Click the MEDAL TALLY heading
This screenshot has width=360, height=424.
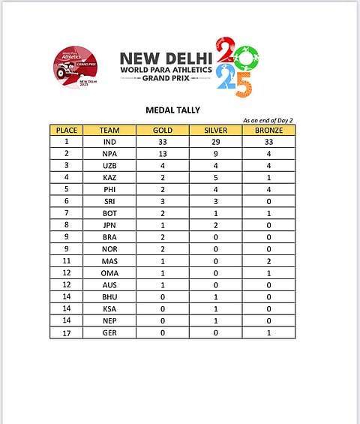(172, 110)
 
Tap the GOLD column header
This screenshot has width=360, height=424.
(162, 130)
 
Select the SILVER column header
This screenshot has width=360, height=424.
(216, 130)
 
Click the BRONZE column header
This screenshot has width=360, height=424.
(268, 130)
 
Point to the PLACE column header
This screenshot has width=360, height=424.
(66, 130)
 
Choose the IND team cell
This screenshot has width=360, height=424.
(109, 141)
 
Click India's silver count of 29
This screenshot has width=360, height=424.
(216, 141)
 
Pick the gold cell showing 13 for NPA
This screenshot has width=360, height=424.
(162, 153)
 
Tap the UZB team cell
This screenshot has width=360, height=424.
(109, 165)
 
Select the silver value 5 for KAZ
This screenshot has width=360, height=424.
(216, 177)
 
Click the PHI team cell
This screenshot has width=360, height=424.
(109, 189)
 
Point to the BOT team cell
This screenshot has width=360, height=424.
(109, 213)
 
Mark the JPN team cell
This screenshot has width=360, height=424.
(109, 224)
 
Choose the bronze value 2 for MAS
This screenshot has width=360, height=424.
(268, 260)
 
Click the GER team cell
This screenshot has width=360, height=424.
(109, 332)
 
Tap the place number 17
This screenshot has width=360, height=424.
(66, 332)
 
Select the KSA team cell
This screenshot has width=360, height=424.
(109, 308)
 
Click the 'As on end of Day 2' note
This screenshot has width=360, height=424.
(268, 120)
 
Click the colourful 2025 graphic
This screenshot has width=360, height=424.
(234, 66)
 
